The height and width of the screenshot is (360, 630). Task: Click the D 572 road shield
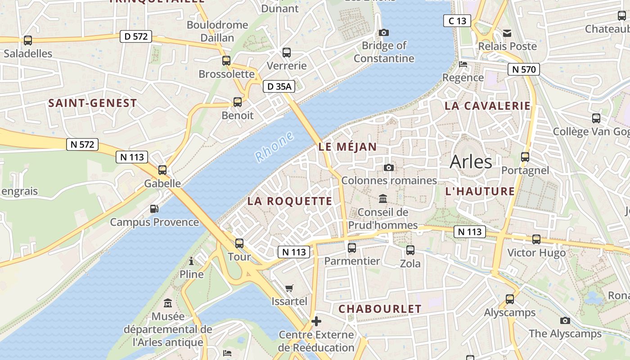click(x=135, y=36)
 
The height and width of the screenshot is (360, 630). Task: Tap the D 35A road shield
click(x=279, y=86)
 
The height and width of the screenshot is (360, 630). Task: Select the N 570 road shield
click(x=524, y=69)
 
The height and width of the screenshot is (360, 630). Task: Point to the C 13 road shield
click(x=457, y=21)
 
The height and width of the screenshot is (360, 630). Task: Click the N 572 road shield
click(x=82, y=144)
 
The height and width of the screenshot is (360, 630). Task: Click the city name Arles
click(x=471, y=161)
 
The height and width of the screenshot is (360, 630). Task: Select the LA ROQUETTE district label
click(x=290, y=201)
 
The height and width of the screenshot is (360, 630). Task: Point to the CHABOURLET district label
click(x=380, y=309)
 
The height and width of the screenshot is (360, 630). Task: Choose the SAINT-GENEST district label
click(x=92, y=103)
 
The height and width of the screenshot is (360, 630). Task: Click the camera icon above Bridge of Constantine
click(x=384, y=32)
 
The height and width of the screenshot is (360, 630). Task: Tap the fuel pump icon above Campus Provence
click(x=154, y=209)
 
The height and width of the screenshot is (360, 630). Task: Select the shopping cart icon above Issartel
click(x=289, y=288)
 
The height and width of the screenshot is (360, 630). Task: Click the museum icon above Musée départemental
click(x=168, y=303)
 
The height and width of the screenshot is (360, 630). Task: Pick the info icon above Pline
click(x=191, y=261)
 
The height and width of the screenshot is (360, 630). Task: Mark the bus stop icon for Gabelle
click(x=162, y=170)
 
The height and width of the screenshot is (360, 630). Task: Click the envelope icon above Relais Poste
click(x=508, y=33)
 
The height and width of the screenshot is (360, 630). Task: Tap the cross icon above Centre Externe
click(x=316, y=321)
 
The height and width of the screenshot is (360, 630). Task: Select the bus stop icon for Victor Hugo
click(x=536, y=239)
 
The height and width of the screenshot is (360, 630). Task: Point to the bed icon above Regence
click(x=463, y=64)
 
